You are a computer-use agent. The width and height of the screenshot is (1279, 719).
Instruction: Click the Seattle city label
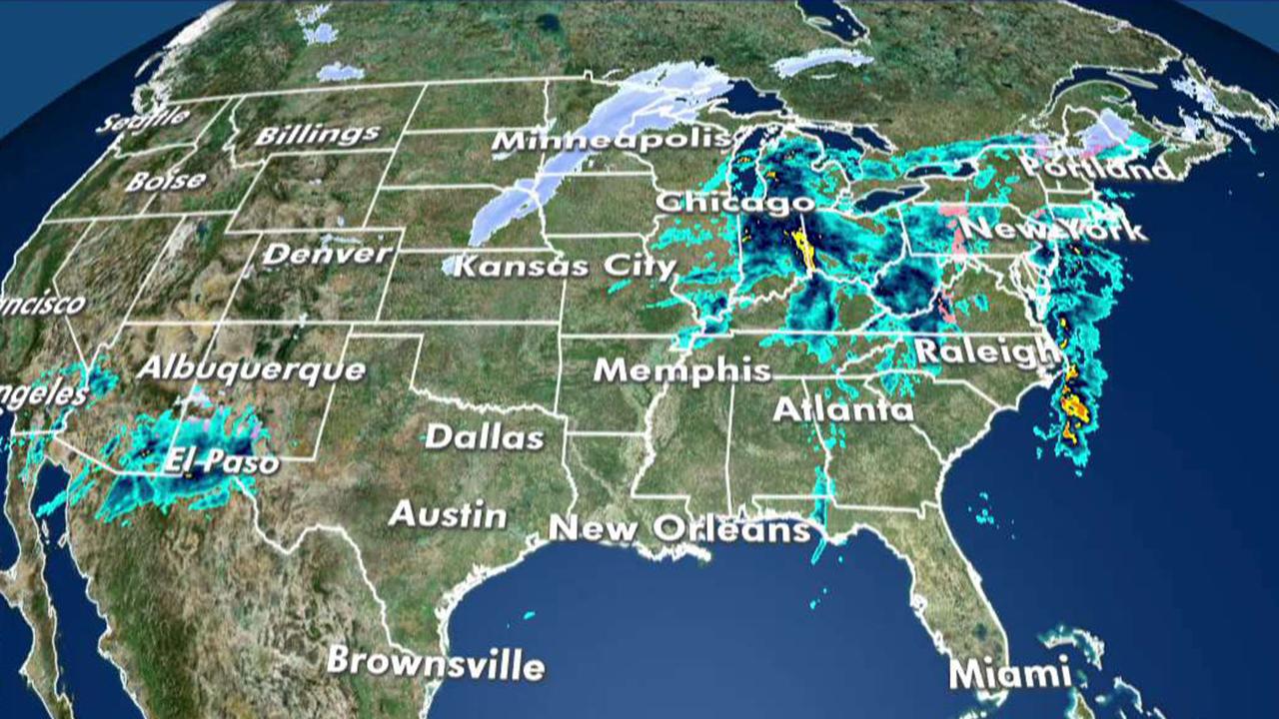click(144, 120)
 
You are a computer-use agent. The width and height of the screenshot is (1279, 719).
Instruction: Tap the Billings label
click(317, 135)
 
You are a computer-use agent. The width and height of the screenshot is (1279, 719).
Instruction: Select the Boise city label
click(166, 182)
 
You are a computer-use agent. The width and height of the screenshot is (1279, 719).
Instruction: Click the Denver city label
click(327, 254)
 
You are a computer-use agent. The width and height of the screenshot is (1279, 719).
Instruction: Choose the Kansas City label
click(566, 268)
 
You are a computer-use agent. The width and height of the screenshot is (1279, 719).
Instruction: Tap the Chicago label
click(734, 202)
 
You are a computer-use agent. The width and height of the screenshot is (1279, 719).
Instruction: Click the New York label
click(1056, 229)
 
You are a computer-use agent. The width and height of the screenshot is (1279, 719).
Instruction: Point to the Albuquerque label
click(251, 369)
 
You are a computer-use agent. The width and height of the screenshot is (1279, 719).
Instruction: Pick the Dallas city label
click(485, 437)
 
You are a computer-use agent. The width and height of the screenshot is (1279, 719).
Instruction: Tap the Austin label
click(448, 515)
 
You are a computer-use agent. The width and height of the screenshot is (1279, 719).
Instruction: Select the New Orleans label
click(679, 528)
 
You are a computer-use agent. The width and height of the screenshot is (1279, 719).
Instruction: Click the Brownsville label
click(436, 662)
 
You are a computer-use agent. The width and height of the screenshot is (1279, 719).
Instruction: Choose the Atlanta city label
click(843, 409)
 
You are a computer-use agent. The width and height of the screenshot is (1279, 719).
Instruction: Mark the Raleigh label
click(987, 352)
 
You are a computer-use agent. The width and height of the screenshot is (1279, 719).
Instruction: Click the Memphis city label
click(682, 371)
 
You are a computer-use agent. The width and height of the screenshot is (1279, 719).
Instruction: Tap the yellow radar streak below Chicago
click(802, 251)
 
